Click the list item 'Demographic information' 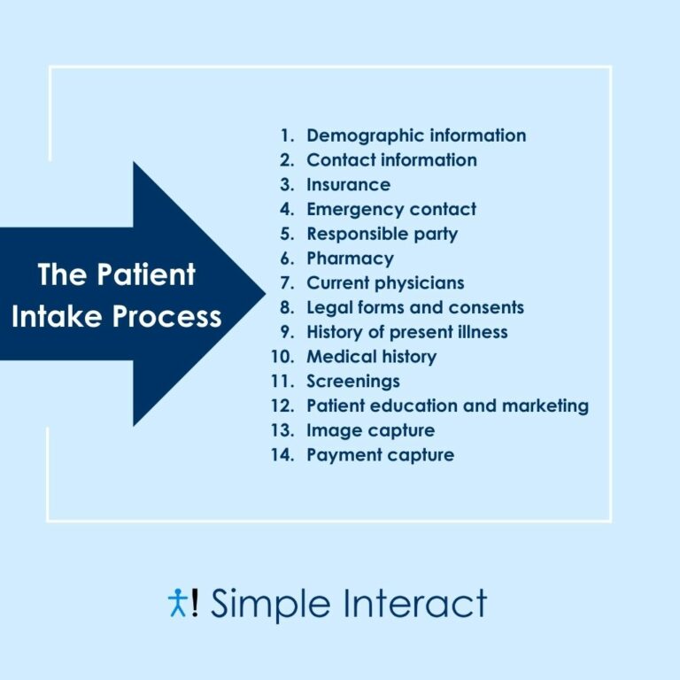416,135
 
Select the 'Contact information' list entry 391,160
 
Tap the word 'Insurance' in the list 348,185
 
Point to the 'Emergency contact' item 391,210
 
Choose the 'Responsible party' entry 382,235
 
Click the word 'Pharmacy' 350,259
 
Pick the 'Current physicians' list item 385,283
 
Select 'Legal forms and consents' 415,308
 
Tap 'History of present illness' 407,333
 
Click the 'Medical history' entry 371,357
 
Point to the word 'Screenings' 353,382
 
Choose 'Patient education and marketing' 447,406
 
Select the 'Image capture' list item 370,431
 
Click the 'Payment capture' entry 380,455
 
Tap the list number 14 283,455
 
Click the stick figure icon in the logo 176,602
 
